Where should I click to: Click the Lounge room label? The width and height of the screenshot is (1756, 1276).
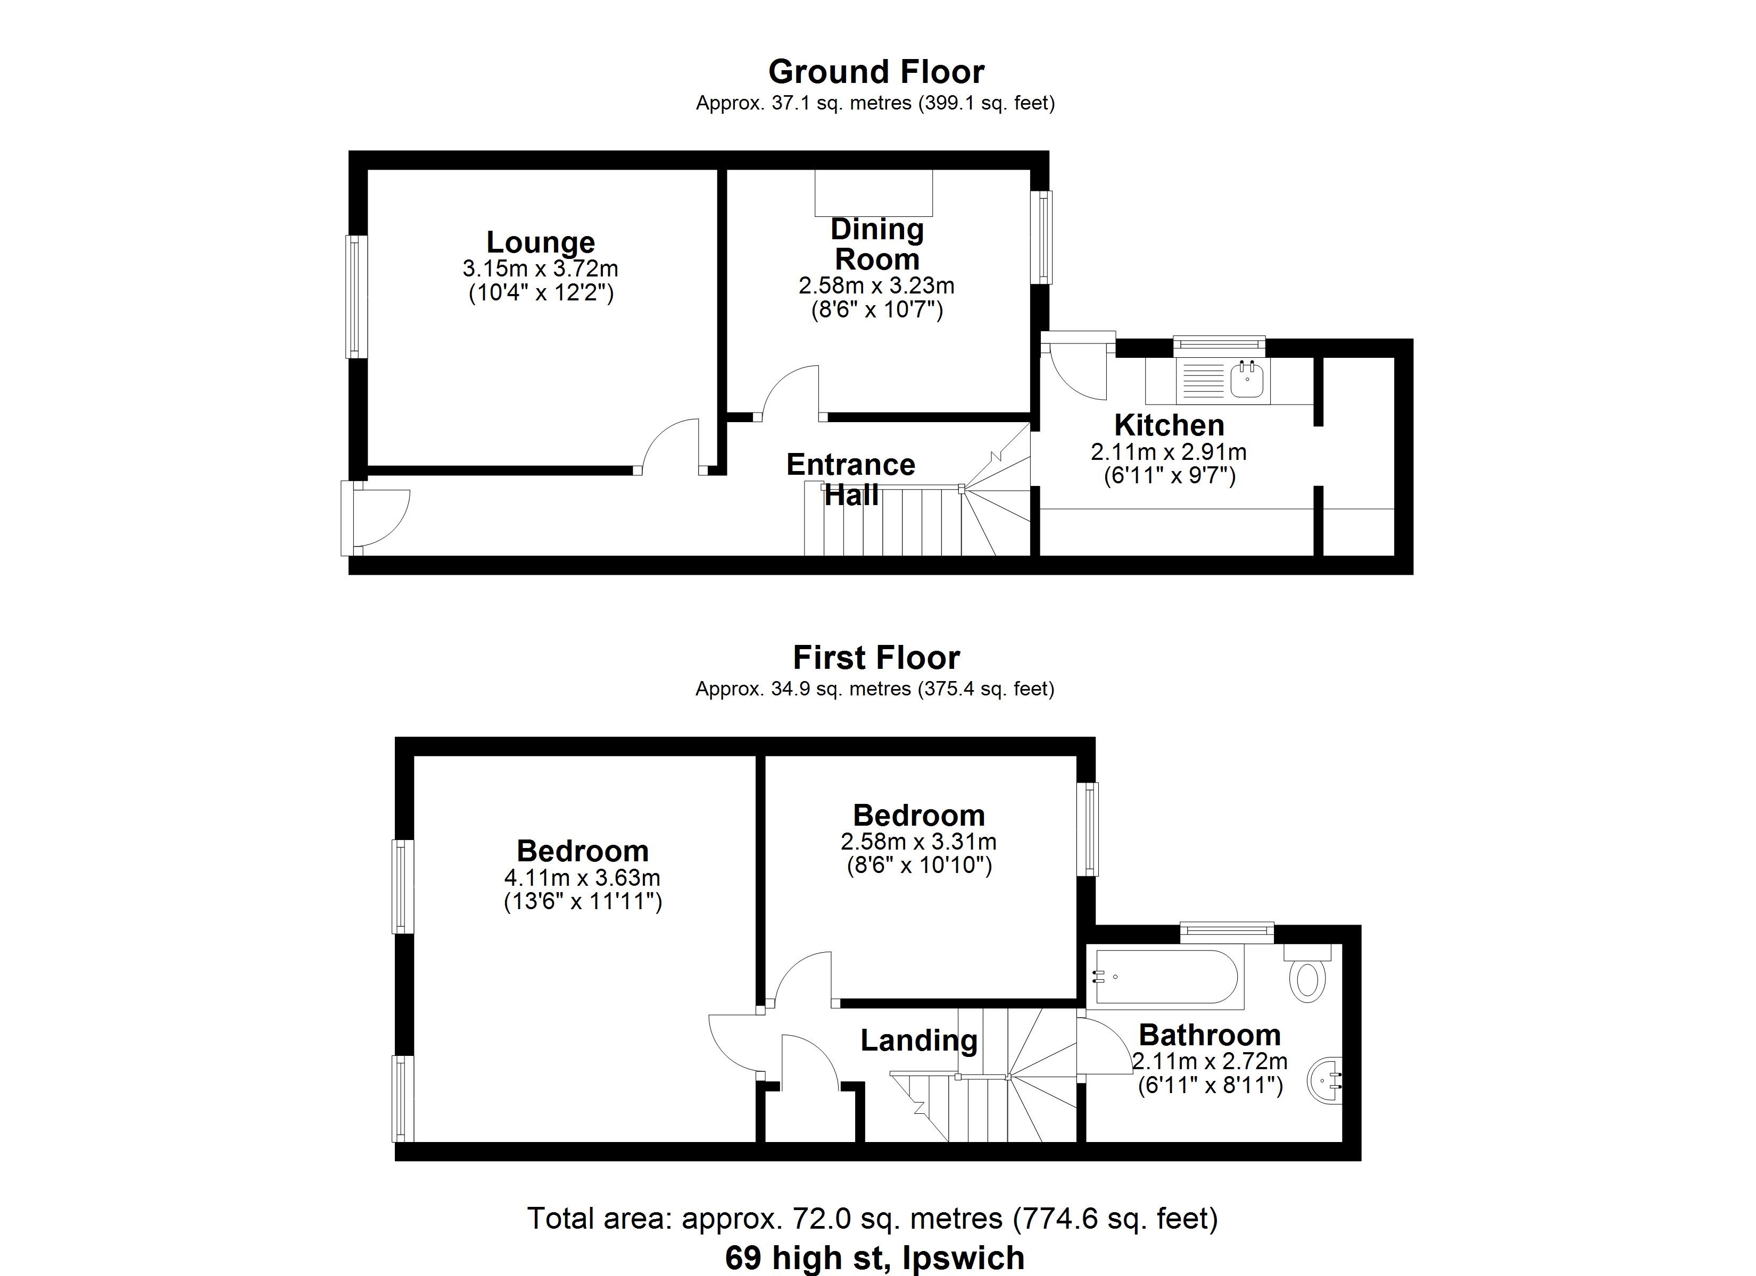pos(541,242)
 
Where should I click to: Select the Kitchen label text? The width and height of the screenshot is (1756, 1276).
pos(1169,425)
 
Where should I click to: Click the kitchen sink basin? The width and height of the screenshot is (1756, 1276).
pos(1248,380)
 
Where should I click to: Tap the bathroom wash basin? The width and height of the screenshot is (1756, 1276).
pos(1326,1080)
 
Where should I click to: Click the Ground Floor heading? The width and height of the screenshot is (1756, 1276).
pos(876,72)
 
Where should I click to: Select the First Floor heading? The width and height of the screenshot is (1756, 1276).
pos(876,658)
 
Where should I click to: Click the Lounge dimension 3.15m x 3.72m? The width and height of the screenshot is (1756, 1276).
pos(541,269)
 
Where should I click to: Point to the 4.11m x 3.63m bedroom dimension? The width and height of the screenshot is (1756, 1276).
pos(582,877)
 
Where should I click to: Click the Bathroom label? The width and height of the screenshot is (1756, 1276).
pos(1210,1035)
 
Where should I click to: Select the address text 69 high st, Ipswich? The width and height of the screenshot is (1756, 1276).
pos(875,1257)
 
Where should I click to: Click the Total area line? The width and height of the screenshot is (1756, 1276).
pos(873,1218)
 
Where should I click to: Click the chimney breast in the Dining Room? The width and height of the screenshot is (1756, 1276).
pos(873,192)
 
